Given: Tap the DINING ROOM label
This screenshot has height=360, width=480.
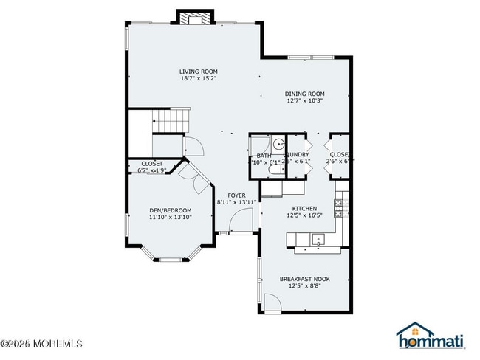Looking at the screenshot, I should (305, 94).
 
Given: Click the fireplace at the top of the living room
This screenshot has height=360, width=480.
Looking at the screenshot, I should (196, 17).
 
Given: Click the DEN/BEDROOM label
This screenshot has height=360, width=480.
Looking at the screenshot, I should (171, 210).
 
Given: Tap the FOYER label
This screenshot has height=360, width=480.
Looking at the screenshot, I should (236, 195).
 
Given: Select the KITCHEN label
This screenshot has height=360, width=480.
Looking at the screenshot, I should (304, 209).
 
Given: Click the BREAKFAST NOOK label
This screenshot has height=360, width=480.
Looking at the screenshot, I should (304, 278).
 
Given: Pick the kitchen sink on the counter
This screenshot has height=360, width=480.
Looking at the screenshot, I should (318, 238).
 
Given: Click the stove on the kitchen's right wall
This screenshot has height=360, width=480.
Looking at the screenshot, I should (340, 209).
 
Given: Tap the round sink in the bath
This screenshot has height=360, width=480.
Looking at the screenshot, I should (279, 145).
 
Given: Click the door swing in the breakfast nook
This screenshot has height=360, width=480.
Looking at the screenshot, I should (272, 302).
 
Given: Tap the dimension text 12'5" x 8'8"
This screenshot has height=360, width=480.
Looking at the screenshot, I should (304, 285).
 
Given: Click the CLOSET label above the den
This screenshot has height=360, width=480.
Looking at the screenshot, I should (151, 163).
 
